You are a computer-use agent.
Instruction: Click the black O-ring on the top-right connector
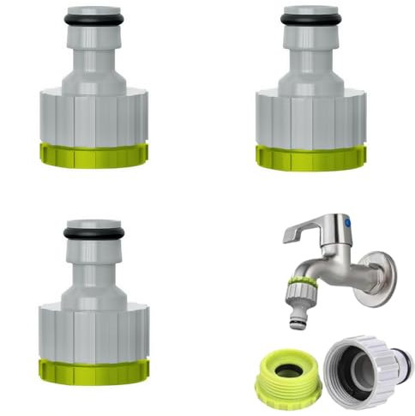tap(311, 18)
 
